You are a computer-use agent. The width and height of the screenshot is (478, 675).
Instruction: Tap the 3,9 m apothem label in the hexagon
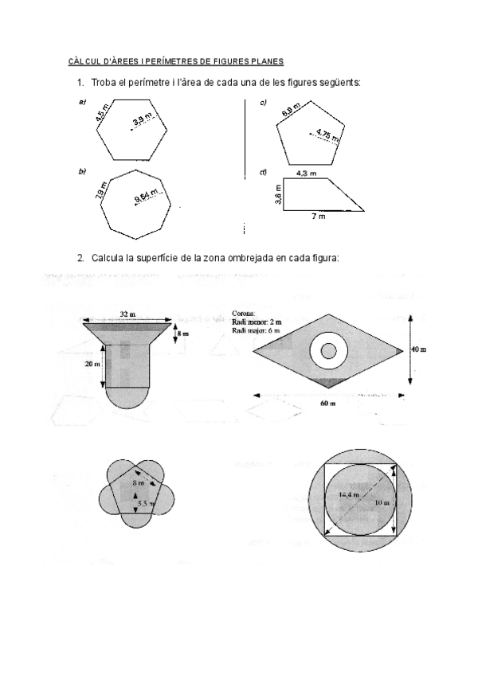tap(143, 120)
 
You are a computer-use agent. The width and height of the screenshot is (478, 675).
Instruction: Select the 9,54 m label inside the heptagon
tap(147, 195)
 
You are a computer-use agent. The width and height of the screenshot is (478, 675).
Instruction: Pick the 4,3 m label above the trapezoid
tap(306, 172)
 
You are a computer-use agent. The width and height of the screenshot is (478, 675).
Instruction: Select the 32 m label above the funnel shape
tap(127, 314)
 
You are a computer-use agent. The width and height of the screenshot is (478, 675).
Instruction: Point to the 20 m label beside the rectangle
tap(92, 364)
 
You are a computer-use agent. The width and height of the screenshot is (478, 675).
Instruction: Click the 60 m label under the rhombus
tap(327, 404)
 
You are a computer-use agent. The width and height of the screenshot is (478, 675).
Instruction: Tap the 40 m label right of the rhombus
tap(418, 349)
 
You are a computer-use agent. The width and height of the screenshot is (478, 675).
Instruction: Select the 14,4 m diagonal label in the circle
tap(347, 496)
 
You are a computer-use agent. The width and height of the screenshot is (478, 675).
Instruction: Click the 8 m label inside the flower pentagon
tap(137, 483)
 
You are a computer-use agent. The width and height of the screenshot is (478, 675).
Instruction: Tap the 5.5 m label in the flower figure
tap(144, 504)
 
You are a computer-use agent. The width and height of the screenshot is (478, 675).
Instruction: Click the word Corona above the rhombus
tap(243, 314)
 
